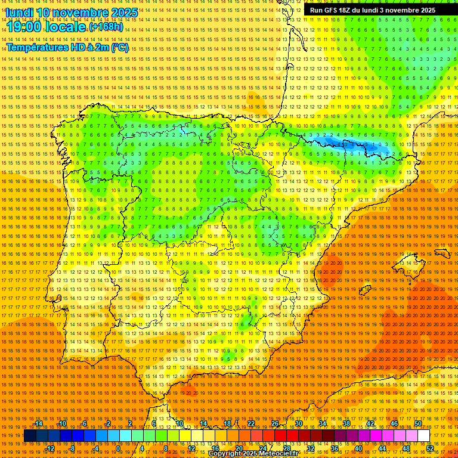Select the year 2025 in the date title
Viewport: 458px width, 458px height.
coord(123,13)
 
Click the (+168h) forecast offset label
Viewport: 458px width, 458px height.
coord(106,27)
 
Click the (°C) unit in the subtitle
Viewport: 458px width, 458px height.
coord(119,47)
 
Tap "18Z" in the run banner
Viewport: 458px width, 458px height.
coord(351,10)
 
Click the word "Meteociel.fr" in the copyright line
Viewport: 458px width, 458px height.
coord(276,454)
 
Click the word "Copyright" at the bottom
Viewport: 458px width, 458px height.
coord(224,454)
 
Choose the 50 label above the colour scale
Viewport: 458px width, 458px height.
coord(418,423)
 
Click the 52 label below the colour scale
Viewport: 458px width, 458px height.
coord(430,448)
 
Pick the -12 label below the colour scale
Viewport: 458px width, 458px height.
coord(50,448)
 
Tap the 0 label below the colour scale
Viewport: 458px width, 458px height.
coord(118,448)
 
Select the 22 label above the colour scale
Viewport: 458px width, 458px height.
coord(250,423)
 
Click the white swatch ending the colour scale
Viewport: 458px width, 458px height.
coord(423,436)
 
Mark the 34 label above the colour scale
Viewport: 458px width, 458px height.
coord(323,423)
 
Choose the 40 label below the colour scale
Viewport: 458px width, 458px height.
coord(358,448)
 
